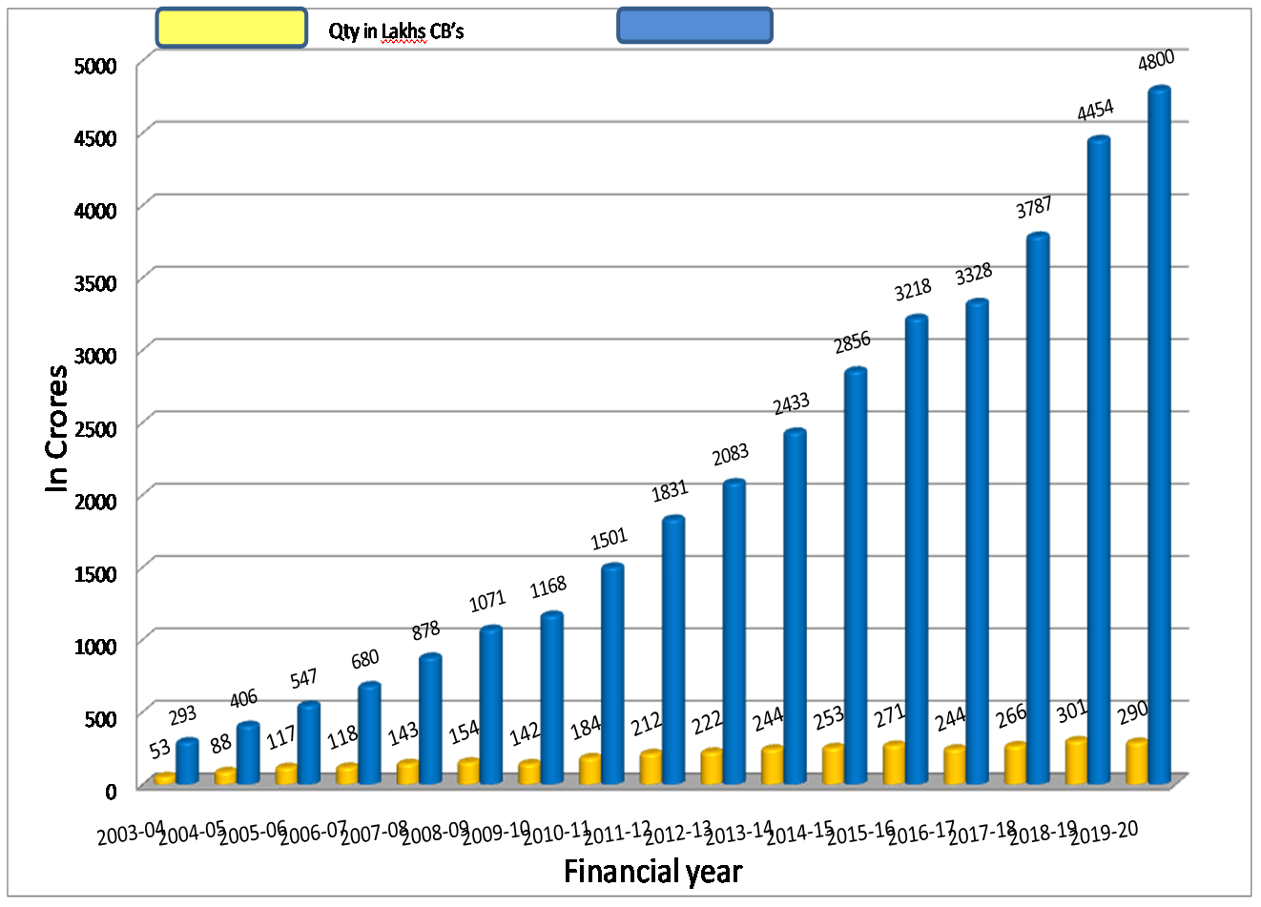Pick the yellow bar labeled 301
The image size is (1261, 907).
pyautogui.click(x=1076, y=760)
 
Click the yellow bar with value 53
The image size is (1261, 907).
pyautogui.click(x=165, y=778)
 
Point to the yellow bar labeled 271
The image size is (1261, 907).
pyautogui.click(x=894, y=762)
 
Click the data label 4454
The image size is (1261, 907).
pyautogui.click(x=1095, y=111)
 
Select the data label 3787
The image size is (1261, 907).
pyautogui.click(x=1034, y=207)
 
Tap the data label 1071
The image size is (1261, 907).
pyautogui.click(x=486, y=601)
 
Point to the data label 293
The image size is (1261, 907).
pyautogui.click(x=183, y=714)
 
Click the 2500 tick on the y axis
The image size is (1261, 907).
pyautogui.click(x=95, y=427)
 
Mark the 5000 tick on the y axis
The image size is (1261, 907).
pyautogui.click(x=95, y=66)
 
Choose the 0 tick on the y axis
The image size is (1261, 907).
pyautogui.click(x=111, y=791)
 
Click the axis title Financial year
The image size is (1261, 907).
pyautogui.click(x=652, y=872)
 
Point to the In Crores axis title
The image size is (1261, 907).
pyautogui.click(x=57, y=428)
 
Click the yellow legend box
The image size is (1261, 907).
pyautogui.click(x=231, y=28)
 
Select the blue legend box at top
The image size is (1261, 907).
pyautogui.click(x=694, y=26)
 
